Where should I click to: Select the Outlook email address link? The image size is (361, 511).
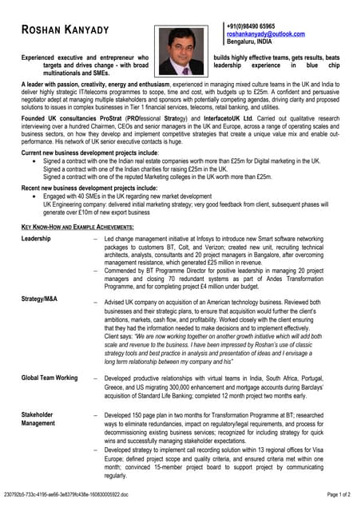(265, 34)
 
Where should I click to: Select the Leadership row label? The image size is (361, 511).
(36, 239)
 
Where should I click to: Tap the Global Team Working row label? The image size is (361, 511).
(50, 377)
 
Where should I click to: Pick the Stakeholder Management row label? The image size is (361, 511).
(38, 420)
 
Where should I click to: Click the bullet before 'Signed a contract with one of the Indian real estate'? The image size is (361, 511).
(34, 160)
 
